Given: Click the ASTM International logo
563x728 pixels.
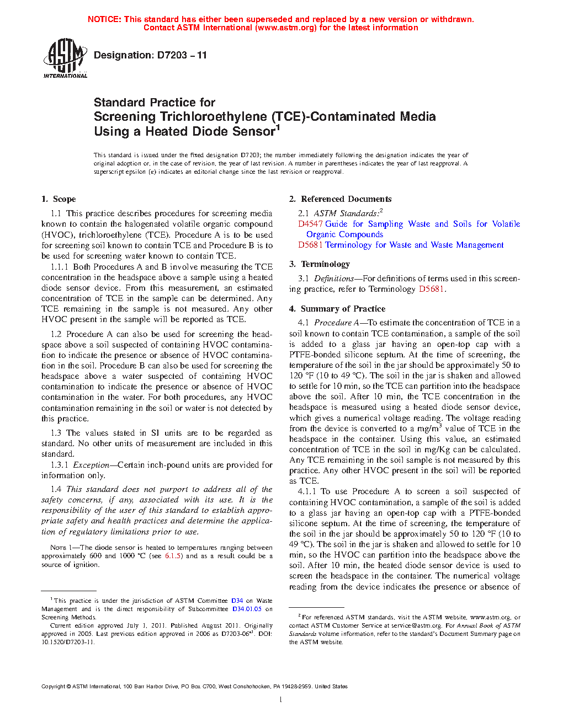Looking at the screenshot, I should pyautogui.click(x=65, y=58).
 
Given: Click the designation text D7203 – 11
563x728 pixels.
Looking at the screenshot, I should pyautogui.click(x=150, y=55).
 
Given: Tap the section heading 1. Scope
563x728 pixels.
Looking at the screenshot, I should pyautogui.click(x=59, y=199).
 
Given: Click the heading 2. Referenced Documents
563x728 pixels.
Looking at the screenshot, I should pyautogui.click(x=340, y=199).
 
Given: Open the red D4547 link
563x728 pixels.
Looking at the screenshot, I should pyautogui.click(x=310, y=224).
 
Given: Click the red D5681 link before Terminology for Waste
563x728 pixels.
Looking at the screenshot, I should pyautogui.click(x=310, y=245).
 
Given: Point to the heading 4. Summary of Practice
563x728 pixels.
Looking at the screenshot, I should pyautogui.click(x=337, y=309).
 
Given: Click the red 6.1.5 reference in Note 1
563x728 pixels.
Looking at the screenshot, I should pyautogui.click(x=173, y=556).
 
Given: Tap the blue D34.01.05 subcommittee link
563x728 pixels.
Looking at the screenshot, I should pyautogui.click(x=247, y=609).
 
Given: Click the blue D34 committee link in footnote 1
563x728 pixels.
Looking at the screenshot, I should pyautogui.click(x=237, y=601).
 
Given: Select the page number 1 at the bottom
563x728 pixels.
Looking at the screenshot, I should pyautogui.click(x=281, y=700).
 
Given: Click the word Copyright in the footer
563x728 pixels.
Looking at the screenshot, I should pyautogui.click(x=53, y=687).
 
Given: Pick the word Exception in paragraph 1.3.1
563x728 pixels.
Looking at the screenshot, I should pyautogui.click(x=91, y=465).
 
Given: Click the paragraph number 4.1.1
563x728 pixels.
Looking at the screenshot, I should pyautogui.click(x=306, y=491).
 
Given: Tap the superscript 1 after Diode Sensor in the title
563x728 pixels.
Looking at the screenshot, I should pyautogui.click(x=278, y=128).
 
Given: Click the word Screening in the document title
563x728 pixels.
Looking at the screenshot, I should pyautogui.click(x=125, y=117).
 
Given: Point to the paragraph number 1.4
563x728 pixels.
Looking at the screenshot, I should pyautogui.click(x=56, y=489).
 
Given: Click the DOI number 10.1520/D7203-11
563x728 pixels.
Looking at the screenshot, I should pyautogui.click(x=68, y=642).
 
